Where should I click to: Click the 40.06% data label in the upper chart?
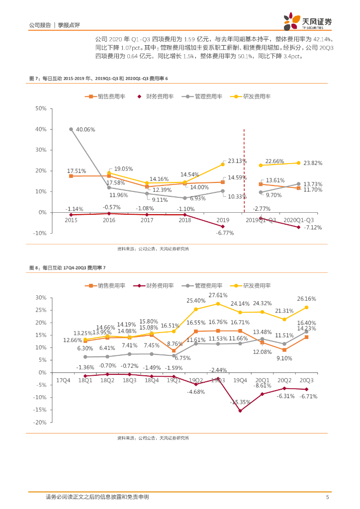coord(86,129)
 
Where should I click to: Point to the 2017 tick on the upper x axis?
coord(147,219)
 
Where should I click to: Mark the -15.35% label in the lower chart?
coord(241,402)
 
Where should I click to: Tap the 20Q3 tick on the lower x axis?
coord(307,380)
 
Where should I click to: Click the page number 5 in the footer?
coord(327,497)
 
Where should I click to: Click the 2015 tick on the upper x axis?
coord(71,219)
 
